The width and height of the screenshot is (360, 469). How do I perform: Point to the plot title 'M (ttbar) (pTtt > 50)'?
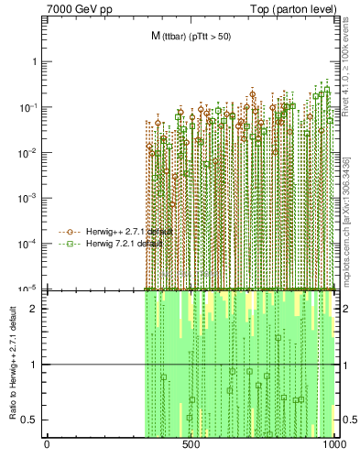[191, 36]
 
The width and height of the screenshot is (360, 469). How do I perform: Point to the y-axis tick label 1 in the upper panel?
[34, 61]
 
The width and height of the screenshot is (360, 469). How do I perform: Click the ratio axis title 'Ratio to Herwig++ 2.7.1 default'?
[11, 364]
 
